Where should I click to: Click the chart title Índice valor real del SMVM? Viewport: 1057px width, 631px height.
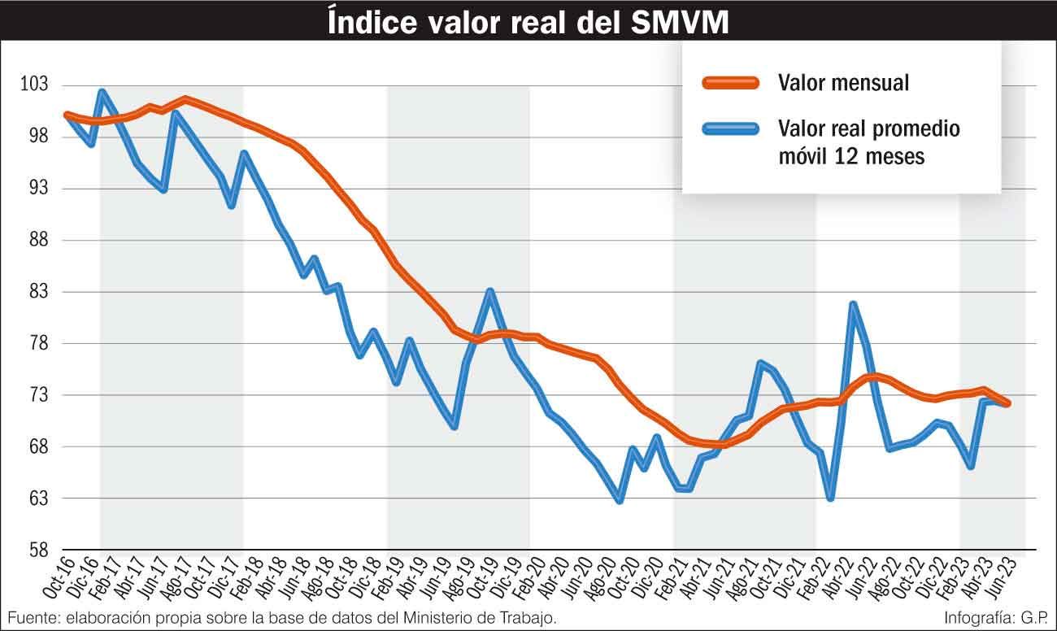coord(528,22)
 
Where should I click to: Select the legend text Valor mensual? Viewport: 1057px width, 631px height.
coord(843,83)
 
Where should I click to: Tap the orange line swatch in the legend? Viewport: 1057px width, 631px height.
coord(730,82)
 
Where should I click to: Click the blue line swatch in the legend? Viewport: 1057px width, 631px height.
coord(730,128)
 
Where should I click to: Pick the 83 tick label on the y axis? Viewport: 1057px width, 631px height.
coord(36,292)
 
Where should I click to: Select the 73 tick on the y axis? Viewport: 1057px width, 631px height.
coord(36,395)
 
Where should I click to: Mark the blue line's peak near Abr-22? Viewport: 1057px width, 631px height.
coord(852,305)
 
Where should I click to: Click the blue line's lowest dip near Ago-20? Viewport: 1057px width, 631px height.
coord(620,501)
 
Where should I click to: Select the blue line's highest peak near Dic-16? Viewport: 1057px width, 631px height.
coord(102,92)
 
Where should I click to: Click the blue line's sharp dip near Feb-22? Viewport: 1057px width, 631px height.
coord(830,498)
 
